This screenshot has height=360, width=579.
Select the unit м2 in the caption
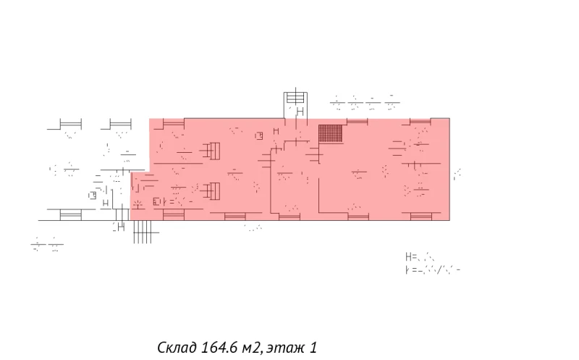(x=253, y=348)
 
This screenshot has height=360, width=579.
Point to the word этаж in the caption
(x=286, y=348)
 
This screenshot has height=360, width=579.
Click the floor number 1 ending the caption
(x=313, y=348)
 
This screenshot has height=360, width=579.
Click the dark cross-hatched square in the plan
(x=330, y=134)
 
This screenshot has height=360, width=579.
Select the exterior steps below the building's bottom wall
(x=144, y=230)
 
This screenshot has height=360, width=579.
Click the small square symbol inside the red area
(x=258, y=135)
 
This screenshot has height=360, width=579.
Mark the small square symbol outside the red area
(x=93, y=194)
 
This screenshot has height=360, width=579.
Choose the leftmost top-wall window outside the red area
(x=69, y=125)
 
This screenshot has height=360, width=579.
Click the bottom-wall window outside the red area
(x=70, y=214)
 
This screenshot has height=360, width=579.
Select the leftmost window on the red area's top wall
(x=174, y=121)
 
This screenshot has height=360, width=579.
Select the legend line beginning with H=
(x=420, y=256)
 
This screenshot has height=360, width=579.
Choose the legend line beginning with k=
(x=433, y=269)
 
